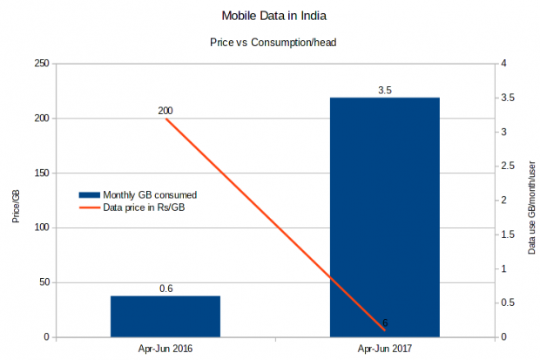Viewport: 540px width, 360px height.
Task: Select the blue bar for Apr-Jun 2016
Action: [x=165, y=316]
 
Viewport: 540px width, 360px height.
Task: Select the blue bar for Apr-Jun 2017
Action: [x=385, y=218]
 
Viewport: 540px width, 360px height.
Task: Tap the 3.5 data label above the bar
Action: [x=385, y=90]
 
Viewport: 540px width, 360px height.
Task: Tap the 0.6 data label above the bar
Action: [x=165, y=289]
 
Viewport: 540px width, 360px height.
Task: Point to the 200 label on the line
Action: [x=165, y=111]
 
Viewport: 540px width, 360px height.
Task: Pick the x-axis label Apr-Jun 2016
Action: [x=165, y=349]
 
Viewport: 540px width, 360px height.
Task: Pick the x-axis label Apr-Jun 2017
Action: [x=385, y=349]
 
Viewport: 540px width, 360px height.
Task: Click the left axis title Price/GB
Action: [x=16, y=206]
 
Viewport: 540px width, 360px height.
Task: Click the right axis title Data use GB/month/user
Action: [x=531, y=207]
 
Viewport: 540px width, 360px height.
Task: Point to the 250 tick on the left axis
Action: [x=41, y=64]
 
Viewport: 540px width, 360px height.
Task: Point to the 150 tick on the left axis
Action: [x=41, y=173]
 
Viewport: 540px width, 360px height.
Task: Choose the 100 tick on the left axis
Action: [x=41, y=228]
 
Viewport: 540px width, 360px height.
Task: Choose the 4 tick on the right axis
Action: [x=504, y=64]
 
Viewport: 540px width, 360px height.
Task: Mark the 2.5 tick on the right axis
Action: [x=508, y=166]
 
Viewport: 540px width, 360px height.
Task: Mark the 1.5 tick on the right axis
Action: [x=508, y=234]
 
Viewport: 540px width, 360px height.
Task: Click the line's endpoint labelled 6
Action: [x=385, y=329]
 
